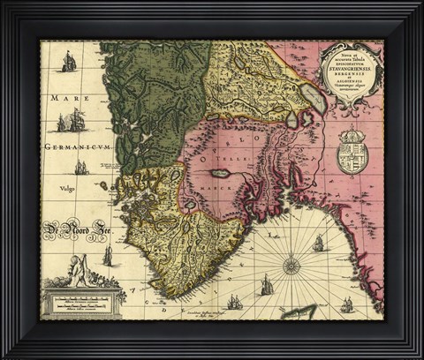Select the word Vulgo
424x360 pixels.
pos(65,188)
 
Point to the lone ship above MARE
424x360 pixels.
pos(68,61)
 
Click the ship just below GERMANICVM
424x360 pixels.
pos(81,167)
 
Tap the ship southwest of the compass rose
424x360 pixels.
pos(267,285)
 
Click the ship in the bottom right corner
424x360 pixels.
pos(347,304)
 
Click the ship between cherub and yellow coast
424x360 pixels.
pos(108,256)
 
